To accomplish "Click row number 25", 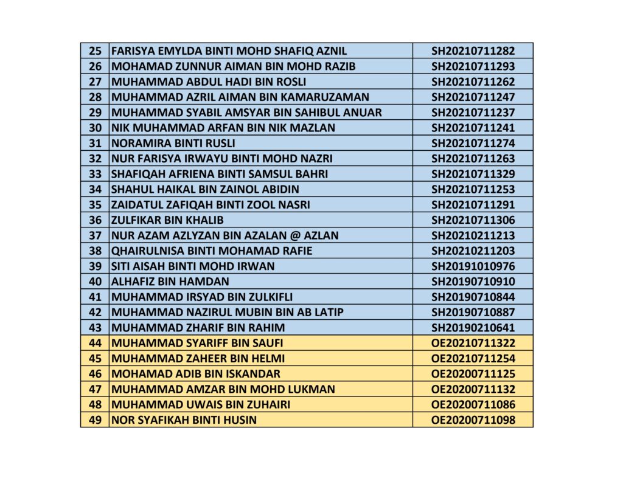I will tap(95, 51).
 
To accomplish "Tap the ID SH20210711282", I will tap(473, 51).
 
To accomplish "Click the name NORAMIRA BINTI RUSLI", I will tap(173, 144).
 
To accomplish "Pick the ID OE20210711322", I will tap(473, 343).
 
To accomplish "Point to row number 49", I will tap(95, 420).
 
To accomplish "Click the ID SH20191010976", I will tap(473, 266).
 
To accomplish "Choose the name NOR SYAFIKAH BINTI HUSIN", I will tap(184, 420).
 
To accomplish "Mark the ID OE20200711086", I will tap(473, 404).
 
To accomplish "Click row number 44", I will tap(95, 343).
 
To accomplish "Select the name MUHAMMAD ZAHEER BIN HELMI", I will tap(198, 358).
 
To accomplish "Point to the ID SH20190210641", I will tap(473, 328).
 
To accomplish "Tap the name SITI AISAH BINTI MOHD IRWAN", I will tap(193, 266).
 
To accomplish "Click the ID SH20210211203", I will tap(473, 251).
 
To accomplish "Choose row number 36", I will tap(95, 220).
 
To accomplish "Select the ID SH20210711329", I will tap(473, 174).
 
